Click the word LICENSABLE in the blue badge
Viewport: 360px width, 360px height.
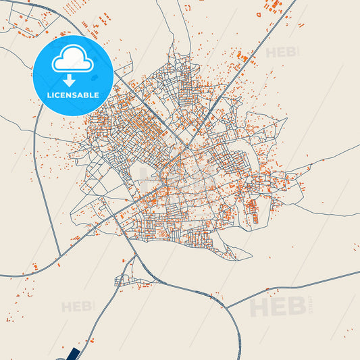(x=72, y=95)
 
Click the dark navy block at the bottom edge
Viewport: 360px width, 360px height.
(x=72, y=354)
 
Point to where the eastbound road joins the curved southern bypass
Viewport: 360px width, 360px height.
(x=226, y=308)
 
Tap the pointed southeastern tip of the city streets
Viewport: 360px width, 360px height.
(x=251, y=255)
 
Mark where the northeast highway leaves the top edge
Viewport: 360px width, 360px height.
(x=296, y=1)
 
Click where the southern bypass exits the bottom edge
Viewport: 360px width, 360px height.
(x=240, y=358)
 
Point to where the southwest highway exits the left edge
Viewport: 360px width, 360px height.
(x=1, y=276)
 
